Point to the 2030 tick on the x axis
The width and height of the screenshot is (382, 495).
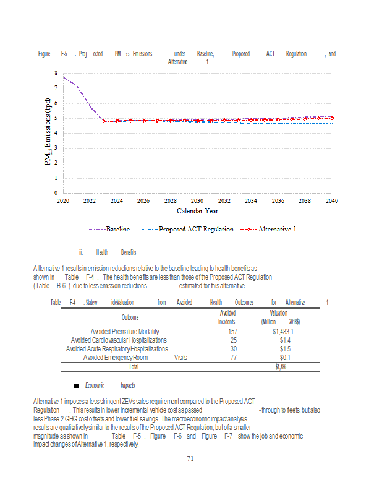[x=197, y=201]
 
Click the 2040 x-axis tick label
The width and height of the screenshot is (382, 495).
[x=331, y=201]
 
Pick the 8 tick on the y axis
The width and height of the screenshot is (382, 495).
[x=56, y=72]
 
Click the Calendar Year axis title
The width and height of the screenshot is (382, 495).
[x=197, y=212]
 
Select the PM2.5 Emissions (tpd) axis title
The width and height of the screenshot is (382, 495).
[x=48, y=131]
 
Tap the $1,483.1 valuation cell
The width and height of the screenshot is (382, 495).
[x=282, y=332]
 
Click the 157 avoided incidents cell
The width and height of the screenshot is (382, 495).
[x=233, y=332]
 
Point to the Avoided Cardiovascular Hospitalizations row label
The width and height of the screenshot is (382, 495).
[x=119, y=340]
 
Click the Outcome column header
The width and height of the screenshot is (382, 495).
[x=130, y=317]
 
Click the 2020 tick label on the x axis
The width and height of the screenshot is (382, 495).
[x=62, y=201]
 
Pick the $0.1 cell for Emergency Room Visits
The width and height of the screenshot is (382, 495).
[x=285, y=358]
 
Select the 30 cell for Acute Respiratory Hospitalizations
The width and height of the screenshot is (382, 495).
[x=233, y=349]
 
